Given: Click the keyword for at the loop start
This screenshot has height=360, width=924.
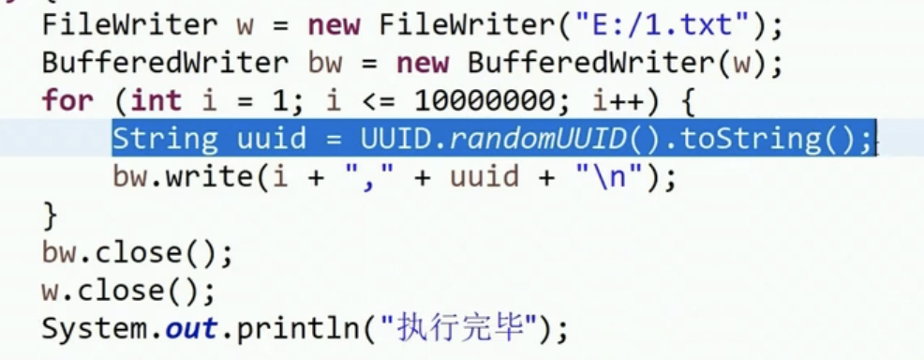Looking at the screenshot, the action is [67, 100].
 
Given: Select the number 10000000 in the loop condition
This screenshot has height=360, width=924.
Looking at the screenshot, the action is [485, 100].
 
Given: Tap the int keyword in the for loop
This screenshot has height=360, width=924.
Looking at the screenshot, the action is [156, 100].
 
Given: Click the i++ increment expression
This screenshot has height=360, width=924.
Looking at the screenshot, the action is [618, 100].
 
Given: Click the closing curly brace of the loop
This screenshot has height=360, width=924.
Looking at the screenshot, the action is [50, 216].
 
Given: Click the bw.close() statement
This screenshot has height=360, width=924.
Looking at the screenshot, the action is [138, 253].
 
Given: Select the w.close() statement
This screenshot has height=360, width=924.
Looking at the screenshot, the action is [128, 291].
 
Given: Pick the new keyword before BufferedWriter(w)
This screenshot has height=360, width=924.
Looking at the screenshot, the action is [422, 63].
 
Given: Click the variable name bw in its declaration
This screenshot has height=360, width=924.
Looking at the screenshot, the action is [324, 63].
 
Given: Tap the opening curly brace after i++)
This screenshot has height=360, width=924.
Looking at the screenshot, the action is [688, 101].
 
